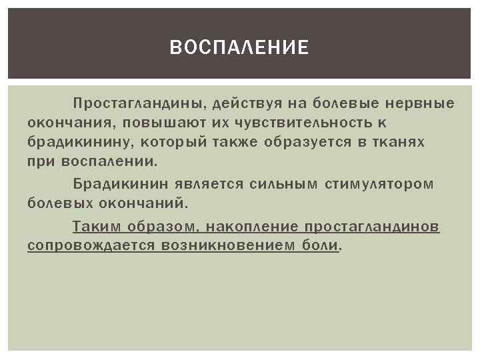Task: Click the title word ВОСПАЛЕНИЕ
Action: (x=239, y=47)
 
